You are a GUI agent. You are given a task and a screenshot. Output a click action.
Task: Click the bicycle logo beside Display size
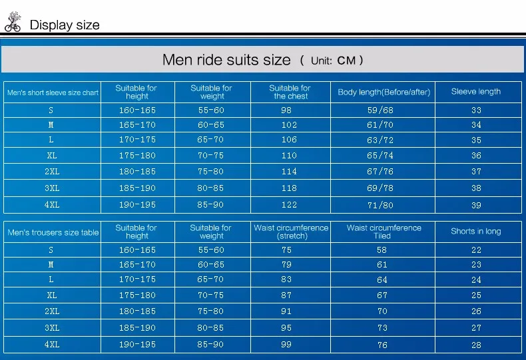(13, 22)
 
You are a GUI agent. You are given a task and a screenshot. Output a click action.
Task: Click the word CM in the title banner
(346, 61)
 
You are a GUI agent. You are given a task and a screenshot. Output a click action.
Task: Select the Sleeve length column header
(475, 92)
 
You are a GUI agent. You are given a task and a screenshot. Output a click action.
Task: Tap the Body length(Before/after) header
(384, 92)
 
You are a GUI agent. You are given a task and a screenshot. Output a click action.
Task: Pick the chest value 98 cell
(286, 110)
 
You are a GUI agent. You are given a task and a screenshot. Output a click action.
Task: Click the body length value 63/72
(380, 140)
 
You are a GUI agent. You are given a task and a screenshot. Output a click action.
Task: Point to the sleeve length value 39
(476, 205)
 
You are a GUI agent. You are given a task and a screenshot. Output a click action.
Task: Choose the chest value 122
(289, 205)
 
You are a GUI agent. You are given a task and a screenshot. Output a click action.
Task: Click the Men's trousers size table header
(53, 232)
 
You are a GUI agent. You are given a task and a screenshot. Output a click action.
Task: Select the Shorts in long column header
(475, 232)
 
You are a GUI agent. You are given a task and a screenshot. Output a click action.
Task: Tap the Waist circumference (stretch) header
(291, 232)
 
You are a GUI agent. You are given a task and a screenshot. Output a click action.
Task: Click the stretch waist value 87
(286, 295)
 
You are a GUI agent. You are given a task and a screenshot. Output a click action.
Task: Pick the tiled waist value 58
(382, 250)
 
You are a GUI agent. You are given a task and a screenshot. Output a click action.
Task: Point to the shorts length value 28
(476, 345)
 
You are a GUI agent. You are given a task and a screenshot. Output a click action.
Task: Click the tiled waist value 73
(382, 328)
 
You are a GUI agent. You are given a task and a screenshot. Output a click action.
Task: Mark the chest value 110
(289, 156)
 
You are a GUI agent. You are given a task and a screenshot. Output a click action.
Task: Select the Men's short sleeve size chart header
(53, 92)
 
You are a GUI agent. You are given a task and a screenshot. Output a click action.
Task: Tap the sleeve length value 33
(476, 110)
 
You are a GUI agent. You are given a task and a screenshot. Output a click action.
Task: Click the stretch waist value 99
(286, 345)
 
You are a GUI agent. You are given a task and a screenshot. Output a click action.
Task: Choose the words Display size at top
(65, 25)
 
